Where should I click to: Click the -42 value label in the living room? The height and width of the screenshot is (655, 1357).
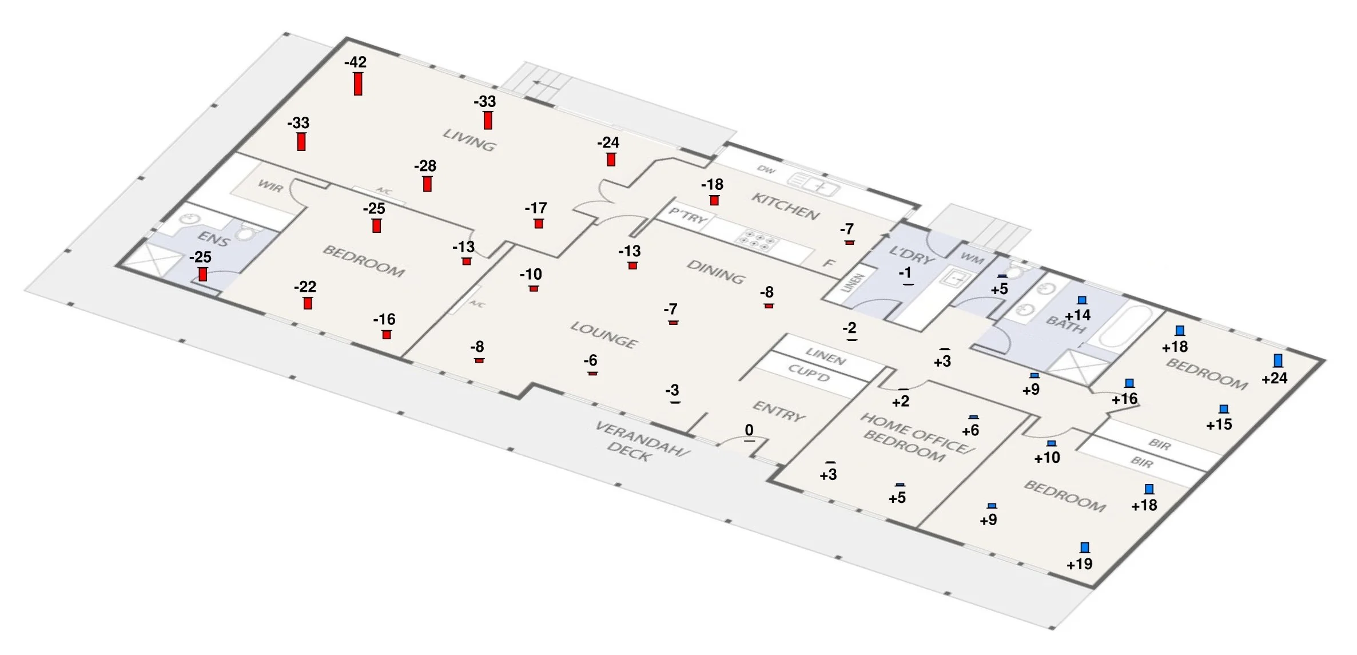point(355,62)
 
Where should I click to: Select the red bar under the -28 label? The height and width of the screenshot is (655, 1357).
point(427,184)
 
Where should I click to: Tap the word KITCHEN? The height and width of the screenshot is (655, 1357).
point(785,207)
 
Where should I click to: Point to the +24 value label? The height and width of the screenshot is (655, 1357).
point(1274,378)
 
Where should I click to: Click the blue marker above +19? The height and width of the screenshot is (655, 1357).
point(1084,548)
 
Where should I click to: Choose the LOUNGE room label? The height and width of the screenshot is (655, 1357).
point(603,335)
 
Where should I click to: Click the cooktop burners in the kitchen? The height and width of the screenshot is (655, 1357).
point(757,240)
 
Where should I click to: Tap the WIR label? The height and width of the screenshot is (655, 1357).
point(270,186)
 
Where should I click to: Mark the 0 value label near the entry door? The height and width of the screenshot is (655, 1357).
point(749,430)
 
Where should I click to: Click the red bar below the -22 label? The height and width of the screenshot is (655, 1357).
point(308,303)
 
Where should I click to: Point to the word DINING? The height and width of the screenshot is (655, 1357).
point(715,272)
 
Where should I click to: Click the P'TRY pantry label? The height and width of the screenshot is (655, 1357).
point(688,217)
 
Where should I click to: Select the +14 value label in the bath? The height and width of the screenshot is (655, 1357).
point(1077,315)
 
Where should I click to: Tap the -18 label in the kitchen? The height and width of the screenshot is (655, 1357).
point(712,185)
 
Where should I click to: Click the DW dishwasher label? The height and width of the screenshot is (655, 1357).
point(766,170)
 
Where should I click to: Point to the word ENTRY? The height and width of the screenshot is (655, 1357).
point(778,411)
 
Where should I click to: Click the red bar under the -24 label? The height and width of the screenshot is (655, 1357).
point(611,160)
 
